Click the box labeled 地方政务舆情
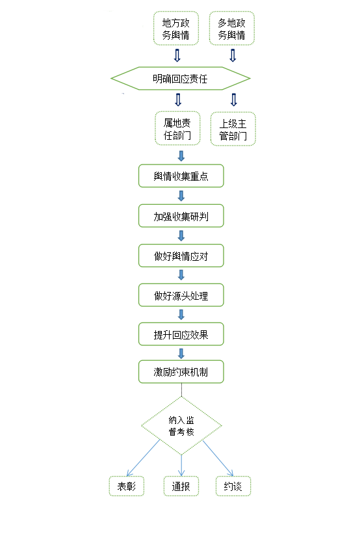[x=175, y=28]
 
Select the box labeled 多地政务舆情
[x=231, y=28]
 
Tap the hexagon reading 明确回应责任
[x=181, y=79]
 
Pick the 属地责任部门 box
[x=177, y=129]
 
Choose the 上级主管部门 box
[x=233, y=129]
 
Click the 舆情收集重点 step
[x=181, y=176]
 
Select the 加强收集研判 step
[x=181, y=216]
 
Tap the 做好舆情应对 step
[x=181, y=256]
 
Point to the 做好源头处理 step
[x=181, y=295]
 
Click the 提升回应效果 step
[x=181, y=334]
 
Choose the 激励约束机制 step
[x=181, y=372]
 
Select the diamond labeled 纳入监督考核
[x=181, y=426]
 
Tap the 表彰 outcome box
[x=127, y=486]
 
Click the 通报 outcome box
[x=181, y=486]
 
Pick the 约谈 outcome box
[x=233, y=486]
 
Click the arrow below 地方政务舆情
[x=177, y=55]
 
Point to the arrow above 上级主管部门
[x=234, y=100]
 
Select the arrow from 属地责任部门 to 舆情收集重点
[x=181, y=156]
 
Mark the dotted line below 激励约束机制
[x=181, y=390]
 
